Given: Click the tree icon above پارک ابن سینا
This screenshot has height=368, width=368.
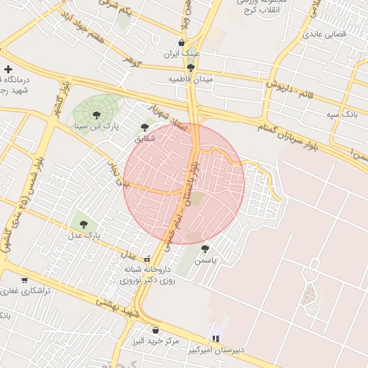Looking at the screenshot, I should click(x=96, y=114).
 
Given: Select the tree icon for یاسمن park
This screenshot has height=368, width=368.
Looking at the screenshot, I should click(x=205, y=248).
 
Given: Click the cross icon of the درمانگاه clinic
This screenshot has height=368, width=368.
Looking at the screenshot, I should click(x=8, y=70).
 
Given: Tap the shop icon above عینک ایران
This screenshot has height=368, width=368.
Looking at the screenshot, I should click(x=181, y=42).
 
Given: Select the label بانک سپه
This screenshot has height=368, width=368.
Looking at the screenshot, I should click(x=342, y=114).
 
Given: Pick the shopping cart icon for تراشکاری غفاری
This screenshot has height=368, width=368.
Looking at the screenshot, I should click(x=24, y=280).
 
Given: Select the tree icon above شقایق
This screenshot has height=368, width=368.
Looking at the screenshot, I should click(x=144, y=127).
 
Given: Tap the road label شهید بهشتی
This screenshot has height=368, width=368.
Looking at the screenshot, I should click(x=115, y=307).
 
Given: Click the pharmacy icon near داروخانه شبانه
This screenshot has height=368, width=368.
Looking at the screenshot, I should click(x=147, y=259).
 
